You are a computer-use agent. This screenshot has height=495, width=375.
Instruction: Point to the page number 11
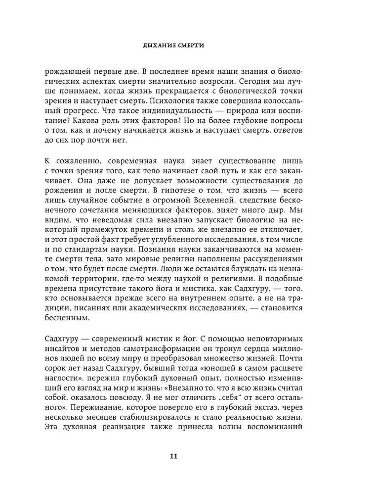(x=187, y=456)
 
